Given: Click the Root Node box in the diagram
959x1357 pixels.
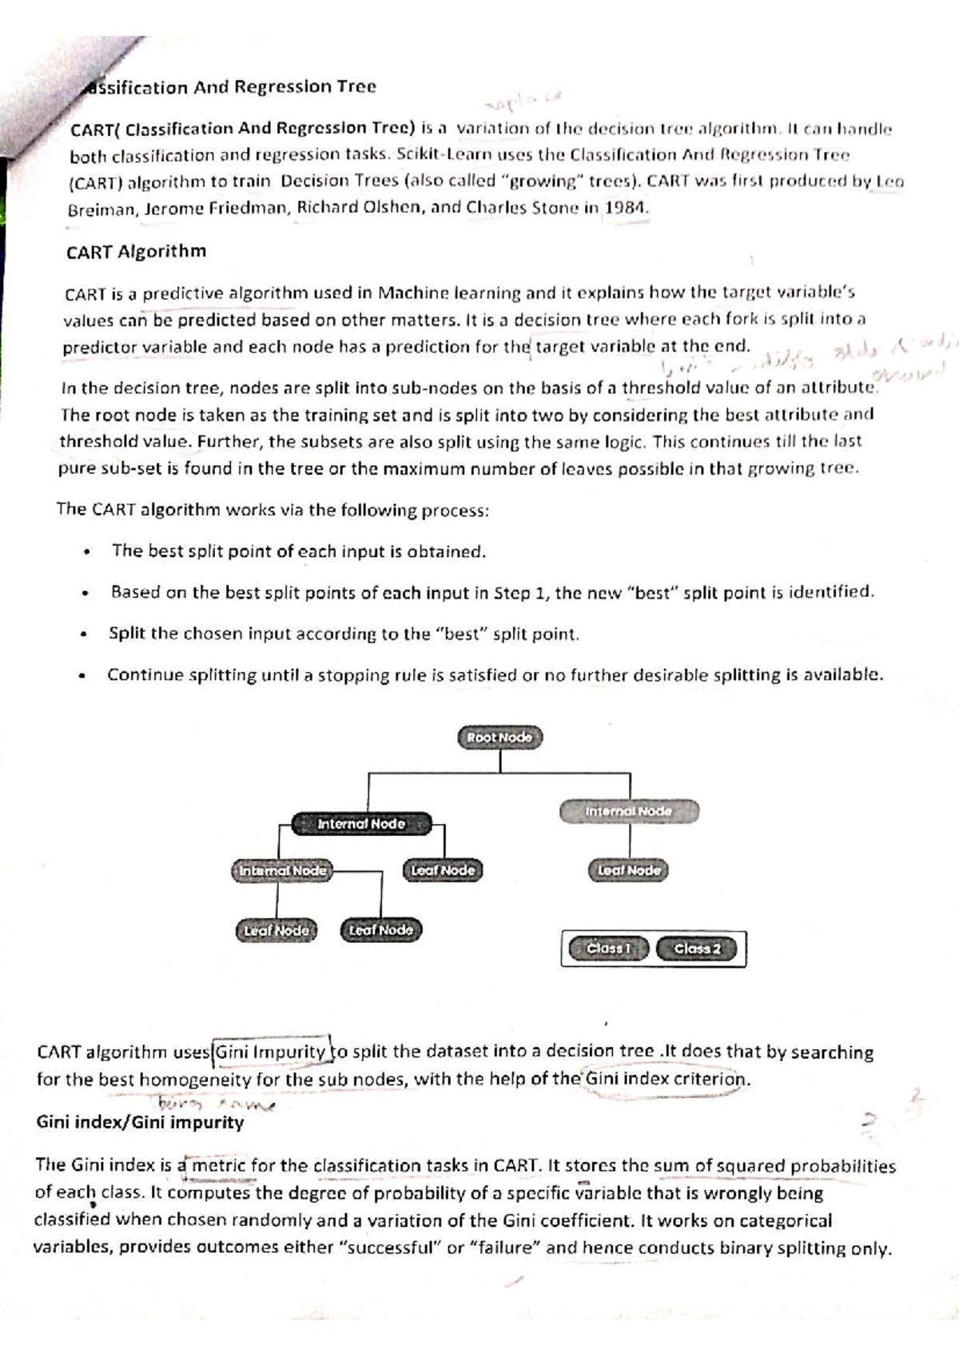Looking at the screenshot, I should [500, 737].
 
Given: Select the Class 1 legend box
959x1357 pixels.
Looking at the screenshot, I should [609, 949].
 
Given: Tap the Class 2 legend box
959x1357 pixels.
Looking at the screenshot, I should [698, 949].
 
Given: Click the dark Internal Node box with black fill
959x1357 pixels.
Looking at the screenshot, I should [361, 823].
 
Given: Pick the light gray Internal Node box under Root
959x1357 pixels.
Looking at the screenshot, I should [629, 811].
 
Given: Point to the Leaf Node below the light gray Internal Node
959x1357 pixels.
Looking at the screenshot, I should [629, 870].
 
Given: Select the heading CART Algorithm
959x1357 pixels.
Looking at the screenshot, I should [136, 252].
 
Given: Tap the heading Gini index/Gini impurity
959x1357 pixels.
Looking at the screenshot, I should [140, 1122].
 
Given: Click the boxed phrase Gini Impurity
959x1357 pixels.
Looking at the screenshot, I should [271, 1052].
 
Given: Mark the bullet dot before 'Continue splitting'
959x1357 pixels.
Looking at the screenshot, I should [82, 677].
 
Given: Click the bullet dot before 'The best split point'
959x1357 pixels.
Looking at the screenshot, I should [85, 552].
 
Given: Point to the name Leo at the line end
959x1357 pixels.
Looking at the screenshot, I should [889, 181].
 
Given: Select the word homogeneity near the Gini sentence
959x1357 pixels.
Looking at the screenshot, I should [196, 1080].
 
